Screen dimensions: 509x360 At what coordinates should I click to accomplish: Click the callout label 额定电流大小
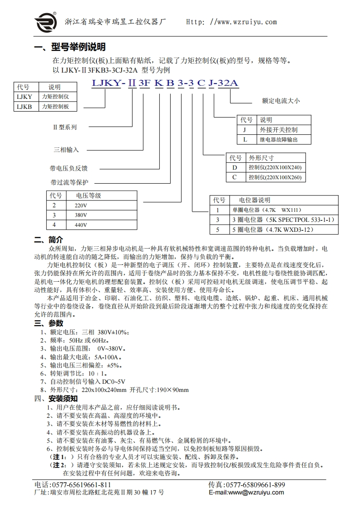pyautogui.click(x=281, y=101)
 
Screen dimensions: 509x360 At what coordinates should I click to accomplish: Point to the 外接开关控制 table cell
pyautogui.click(x=278, y=130)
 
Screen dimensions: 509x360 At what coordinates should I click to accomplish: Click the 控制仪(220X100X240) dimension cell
pyautogui.click(x=275, y=167)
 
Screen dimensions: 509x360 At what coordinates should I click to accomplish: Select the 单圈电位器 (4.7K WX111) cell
pyautogui.click(x=266, y=210)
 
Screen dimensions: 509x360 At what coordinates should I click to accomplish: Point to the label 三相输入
pyautogui.click(x=67, y=149)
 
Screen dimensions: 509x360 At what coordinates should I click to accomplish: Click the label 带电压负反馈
pyautogui.click(x=69, y=168)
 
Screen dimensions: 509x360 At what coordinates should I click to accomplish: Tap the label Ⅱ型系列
pyautogui.click(x=64, y=127)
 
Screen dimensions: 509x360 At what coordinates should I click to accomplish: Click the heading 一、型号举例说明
pyautogui.click(x=70, y=47)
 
